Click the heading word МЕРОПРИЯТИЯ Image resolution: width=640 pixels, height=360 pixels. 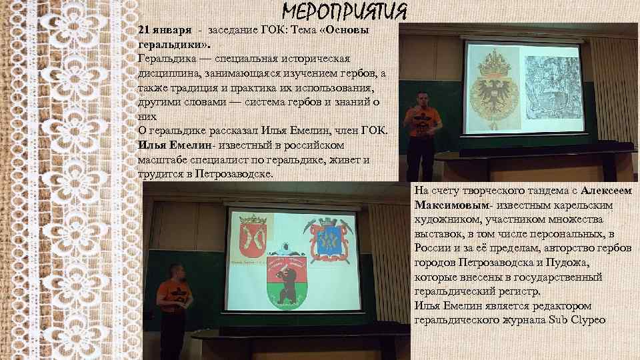[344, 12]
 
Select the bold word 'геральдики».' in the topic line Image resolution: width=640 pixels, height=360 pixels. [167, 45]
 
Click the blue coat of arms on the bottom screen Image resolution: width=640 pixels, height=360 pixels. [328, 238]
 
